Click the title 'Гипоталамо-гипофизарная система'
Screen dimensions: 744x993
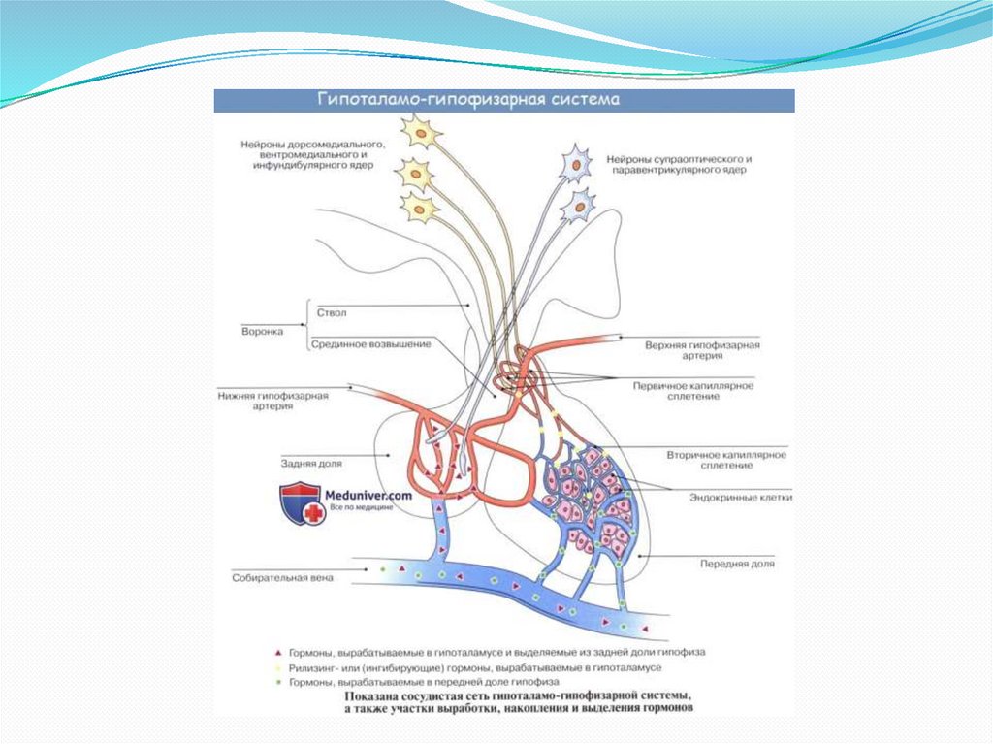[x=469, y=100]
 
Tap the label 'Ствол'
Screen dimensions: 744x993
[x=331, y=314]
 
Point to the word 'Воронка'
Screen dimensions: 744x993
[x=262, y=330]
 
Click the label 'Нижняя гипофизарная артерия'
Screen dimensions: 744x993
[x=274, y=401]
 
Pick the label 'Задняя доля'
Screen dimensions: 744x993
[x=308, y=463]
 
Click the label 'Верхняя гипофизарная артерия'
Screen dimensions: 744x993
[x=702, y=350]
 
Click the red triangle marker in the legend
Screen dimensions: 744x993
[x=277, y=653]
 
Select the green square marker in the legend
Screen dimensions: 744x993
[x=277, y=682]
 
